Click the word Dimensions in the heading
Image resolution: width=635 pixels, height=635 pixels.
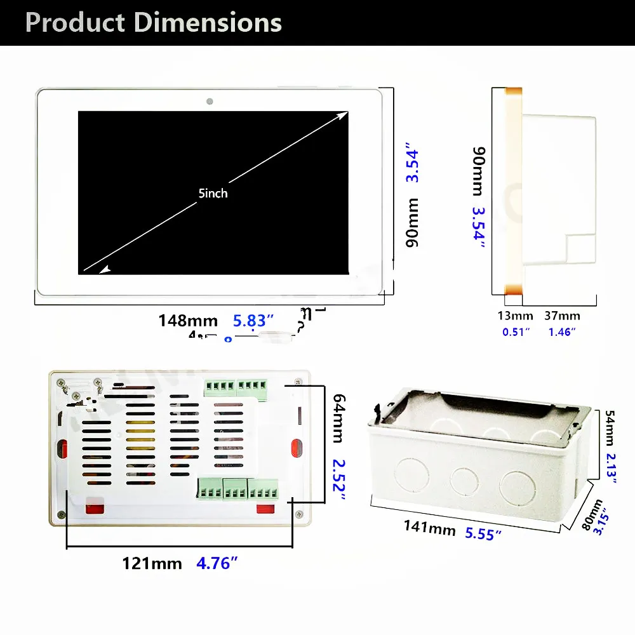pyautogui.click(x=208, y=22)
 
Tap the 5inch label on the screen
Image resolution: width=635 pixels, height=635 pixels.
pyautogui.click(x=213, y=193)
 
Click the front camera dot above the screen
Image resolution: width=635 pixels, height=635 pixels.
pyautogui.click(x=209, y=101)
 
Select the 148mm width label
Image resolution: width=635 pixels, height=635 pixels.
pyautogui.click(x=188, y=321)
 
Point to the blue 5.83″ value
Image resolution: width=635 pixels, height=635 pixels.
pyautogui.click(x=253, y=321)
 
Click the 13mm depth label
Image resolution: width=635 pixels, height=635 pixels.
pyautogui.click(x=514, y=316)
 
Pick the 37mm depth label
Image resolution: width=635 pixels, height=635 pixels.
pyautogui.click(x=562, y=316)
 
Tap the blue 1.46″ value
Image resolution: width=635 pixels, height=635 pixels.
pyautogui.click(x=562, y=331)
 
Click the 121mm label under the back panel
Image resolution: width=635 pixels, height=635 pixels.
pyautogui.click(x=152, y=563)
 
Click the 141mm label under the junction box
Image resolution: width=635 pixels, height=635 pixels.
pyautogui.click(x=430, y=527)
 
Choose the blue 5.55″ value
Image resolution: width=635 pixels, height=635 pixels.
pyautogui.click(x=483, y=533)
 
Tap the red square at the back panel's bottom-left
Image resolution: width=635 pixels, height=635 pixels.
pyautogui.click(x=95, y=506)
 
